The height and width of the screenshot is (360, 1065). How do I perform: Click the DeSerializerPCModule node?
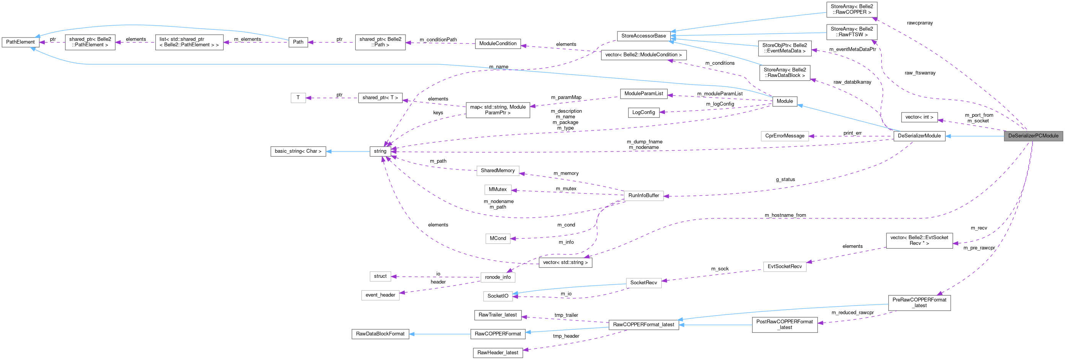click(1033, 136)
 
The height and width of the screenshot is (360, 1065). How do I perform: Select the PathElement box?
click(20, 42)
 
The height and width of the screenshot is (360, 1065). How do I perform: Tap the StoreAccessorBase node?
click(643, 36)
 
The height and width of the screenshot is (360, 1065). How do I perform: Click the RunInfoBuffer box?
click(643, 195)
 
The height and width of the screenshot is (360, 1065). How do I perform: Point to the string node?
click(380, 151)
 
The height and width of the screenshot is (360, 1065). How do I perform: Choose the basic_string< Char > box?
click(298, 151)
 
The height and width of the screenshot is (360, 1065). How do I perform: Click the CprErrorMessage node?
click(784, 136)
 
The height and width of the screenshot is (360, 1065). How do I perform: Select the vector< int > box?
click(918, 117)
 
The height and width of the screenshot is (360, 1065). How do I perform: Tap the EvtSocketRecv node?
click(784, 267)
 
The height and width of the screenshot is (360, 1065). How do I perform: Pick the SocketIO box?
click(498, 296)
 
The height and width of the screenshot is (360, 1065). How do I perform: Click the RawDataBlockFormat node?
click(380, 334)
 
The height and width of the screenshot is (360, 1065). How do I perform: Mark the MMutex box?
click(497, 189)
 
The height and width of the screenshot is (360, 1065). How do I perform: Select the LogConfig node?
click(643, 112)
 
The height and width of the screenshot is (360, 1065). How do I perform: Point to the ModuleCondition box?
click(497, 43)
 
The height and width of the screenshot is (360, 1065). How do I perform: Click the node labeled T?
click(298, 98)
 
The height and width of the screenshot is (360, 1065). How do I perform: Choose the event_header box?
click(380, 295)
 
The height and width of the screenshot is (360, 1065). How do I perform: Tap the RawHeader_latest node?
click(497, 353)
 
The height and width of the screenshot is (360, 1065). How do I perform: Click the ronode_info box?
click(497, 277)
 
